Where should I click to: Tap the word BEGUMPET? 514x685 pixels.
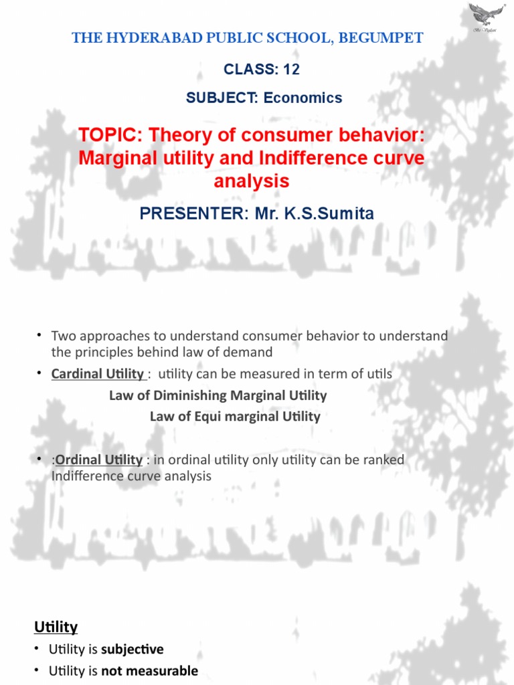pos(385,38)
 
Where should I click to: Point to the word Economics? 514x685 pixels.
pos(303,98)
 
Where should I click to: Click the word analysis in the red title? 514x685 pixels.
pos(252,181)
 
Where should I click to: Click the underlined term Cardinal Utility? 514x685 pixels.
pos(98,374)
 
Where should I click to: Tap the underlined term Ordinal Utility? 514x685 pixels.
pos(98,460)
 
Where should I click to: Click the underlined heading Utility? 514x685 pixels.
pos(56,627)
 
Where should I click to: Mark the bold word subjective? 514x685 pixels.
pos(133,649)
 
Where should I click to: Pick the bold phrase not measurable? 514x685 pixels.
pos(149,670)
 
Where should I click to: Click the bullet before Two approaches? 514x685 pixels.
pos(39,335)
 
